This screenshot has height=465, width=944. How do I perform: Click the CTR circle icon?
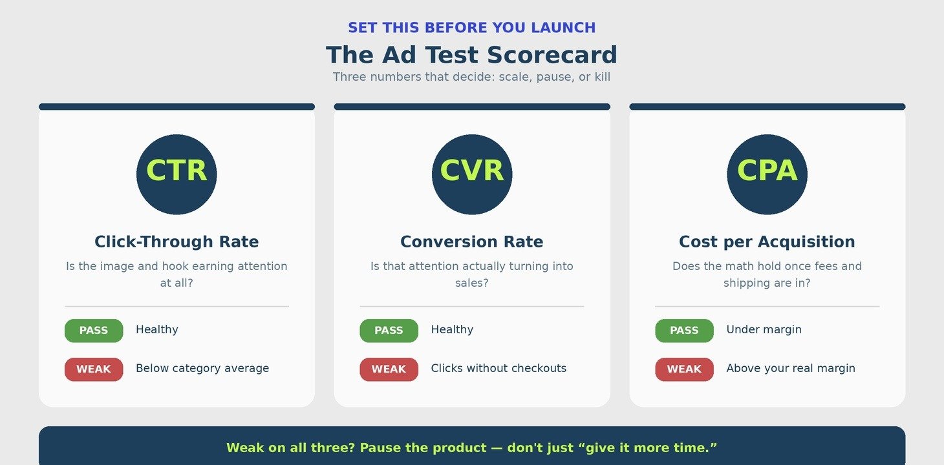coord(177,174)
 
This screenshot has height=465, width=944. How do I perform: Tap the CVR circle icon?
coord(472,174)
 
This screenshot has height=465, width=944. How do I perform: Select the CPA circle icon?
coord(767,174)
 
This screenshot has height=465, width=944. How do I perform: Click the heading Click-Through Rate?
coord(177,242)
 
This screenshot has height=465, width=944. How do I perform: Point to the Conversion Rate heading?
coord(472,242)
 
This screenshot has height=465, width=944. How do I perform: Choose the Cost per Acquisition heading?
coord(767,242)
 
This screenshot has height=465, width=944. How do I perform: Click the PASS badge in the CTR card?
coord(94,330)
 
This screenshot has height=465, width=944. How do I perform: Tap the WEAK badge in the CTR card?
coord(94,369)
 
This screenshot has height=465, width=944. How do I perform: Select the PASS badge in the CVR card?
coord(389,330)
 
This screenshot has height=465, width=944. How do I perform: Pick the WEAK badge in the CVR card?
coord(389,369)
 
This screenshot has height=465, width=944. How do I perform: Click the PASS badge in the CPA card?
coord(684,330)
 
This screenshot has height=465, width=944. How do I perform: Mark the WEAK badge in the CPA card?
coord(684,369)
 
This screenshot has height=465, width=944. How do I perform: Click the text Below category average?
coord(202,368)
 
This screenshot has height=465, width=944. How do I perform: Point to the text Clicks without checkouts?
coord(499,368)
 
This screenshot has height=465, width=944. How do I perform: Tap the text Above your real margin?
coord(791,368)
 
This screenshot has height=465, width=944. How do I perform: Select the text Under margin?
coord(764,329)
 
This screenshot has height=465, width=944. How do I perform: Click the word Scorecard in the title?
coord(552,55)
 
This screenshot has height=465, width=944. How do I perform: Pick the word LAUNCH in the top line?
coord(563,28)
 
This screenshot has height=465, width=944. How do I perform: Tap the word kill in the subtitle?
coord(602,77)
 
